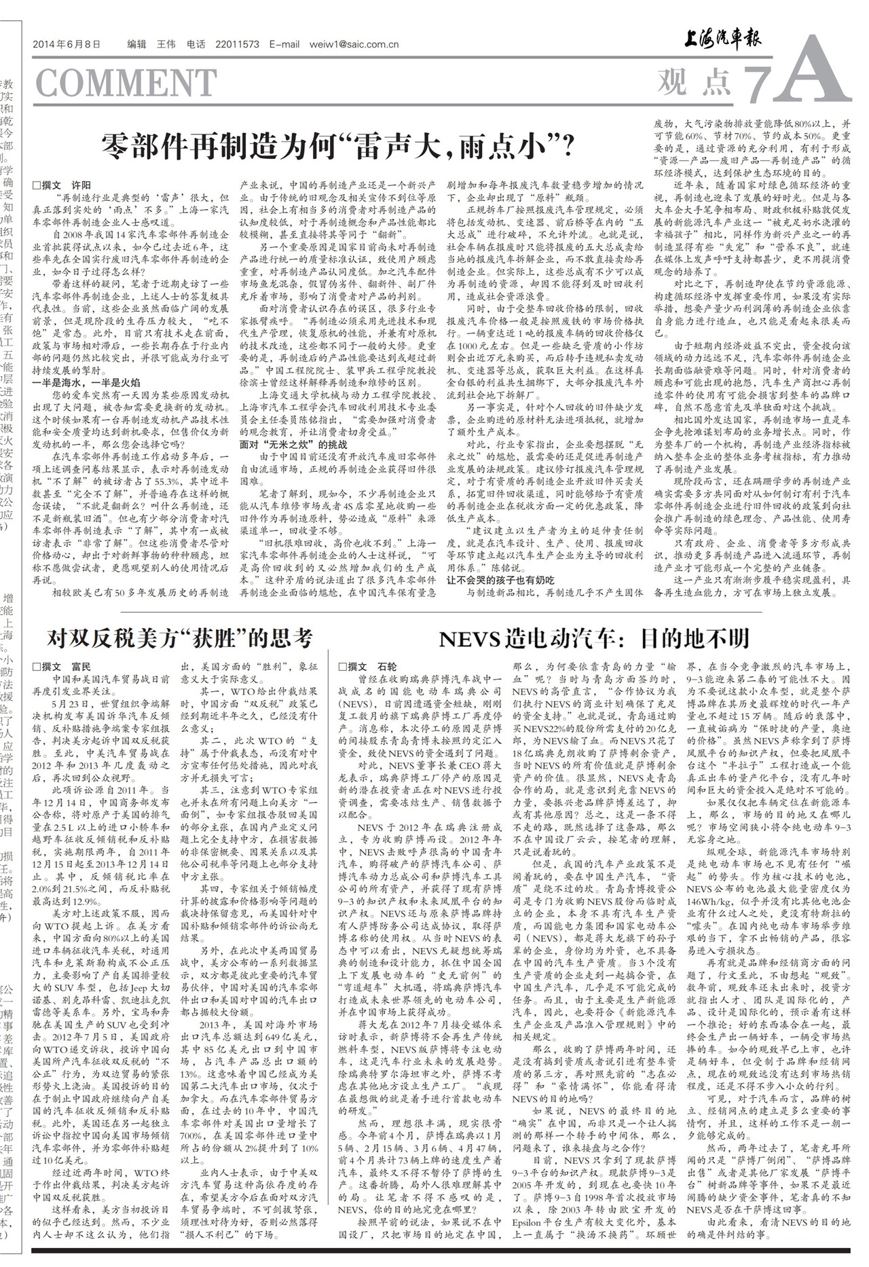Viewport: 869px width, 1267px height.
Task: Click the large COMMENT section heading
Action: (x=126, y=84)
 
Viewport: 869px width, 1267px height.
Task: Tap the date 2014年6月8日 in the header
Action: (x=67, y=45)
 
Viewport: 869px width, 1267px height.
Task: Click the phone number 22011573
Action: (x=237, y=45)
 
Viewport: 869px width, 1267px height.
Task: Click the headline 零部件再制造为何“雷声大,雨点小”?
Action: (x=337, y=146)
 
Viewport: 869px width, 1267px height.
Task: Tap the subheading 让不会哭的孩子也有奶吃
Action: (x=500, y=580)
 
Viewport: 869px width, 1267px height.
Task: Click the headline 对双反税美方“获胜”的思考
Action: (x=180, y=639)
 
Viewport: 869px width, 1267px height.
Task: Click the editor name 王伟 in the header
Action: (x=166, y=45)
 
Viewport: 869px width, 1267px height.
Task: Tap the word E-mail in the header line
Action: (x=284, y=45)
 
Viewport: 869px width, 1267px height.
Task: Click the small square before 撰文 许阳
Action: (x=37, y=185)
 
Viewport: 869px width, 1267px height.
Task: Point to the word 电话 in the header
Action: (x=196, y=45)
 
